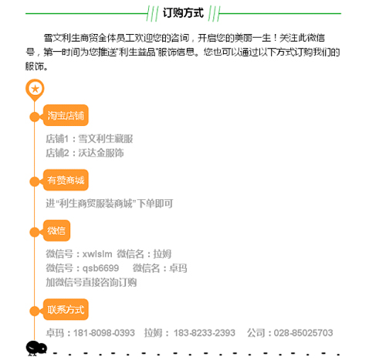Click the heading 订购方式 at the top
coord(183,13)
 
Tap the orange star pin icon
coord(35,90)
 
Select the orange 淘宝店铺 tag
coord(66,115)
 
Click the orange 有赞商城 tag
coord(66,180)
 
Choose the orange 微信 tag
coord(56,230)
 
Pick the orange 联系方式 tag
coord(66,310)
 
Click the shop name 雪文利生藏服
coord(106,139)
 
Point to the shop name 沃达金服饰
coord(101,153)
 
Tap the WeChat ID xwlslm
coord(97,254)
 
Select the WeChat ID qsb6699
coord(100,268)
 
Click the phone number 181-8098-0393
coord(104,333)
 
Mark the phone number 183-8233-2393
coord(205,333)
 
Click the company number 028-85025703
coord(303,333)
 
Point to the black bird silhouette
coord(36,348)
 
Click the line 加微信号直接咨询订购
coord(91,283)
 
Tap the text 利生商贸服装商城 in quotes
coord(96,204)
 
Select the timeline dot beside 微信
coord(35,233)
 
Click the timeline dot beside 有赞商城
coord(35,182)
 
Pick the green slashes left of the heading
coord(152,13)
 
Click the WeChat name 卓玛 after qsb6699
coord(178,268)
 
